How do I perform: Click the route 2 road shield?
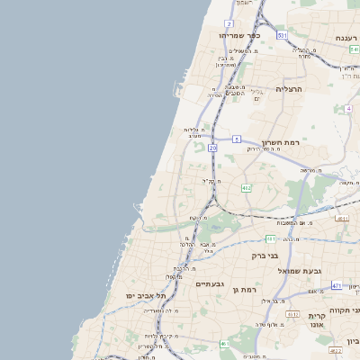pyautogui.click(x=229, y=24)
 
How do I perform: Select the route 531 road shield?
pyautogui.click(x=283, y=35)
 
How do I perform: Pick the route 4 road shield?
pyautogui.click(x=347, y=109)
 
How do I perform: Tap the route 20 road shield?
pyautogui.click(x=212, y=147)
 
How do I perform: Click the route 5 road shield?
pyautogui.click(x=236, y=139)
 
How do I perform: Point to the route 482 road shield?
pyautogui.click(x=246, y=187)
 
